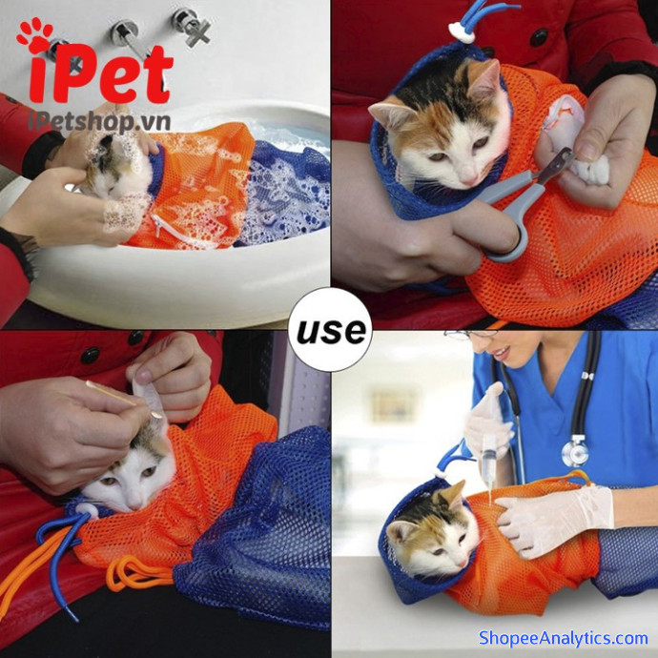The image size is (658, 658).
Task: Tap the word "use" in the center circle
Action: click(331, 331)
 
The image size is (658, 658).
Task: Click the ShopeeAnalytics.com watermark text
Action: click(564, 638)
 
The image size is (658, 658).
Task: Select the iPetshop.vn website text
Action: click(99, 122)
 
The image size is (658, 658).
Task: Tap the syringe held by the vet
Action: click(489, 461)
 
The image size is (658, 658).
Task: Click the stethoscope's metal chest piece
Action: click(575, 452)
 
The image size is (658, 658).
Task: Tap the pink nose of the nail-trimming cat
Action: click(470, 180)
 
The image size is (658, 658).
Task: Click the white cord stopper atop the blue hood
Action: click(462, 31)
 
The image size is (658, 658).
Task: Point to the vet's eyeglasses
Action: click(470, 335)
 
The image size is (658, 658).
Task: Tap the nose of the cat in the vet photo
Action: click(463, 562)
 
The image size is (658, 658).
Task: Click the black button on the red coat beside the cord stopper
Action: click(539, 37)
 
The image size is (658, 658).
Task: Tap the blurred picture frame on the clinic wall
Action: click(393, 405)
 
